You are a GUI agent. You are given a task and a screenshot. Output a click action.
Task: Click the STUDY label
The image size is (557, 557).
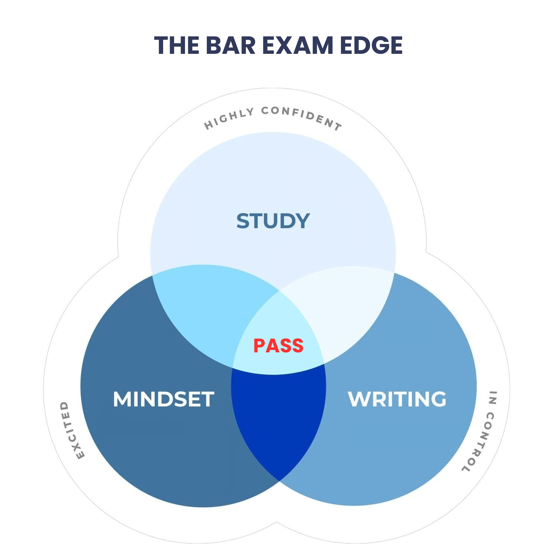pos(273,221)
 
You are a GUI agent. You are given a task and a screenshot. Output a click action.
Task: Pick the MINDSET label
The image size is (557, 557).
pos(163,399)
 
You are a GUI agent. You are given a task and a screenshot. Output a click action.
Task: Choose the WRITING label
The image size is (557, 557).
pos(397,399)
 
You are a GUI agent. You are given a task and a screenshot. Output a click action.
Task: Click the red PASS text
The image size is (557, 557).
pos(278,346)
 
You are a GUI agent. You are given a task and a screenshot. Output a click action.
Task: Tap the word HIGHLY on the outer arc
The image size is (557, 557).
pos(229,118)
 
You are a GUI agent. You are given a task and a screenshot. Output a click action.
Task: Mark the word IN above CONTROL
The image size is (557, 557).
pos(492,397)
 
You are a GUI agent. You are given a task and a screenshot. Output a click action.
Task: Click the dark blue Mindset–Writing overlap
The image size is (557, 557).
pos(278,420)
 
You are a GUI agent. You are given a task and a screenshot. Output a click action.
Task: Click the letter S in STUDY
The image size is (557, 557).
pos(243,221)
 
